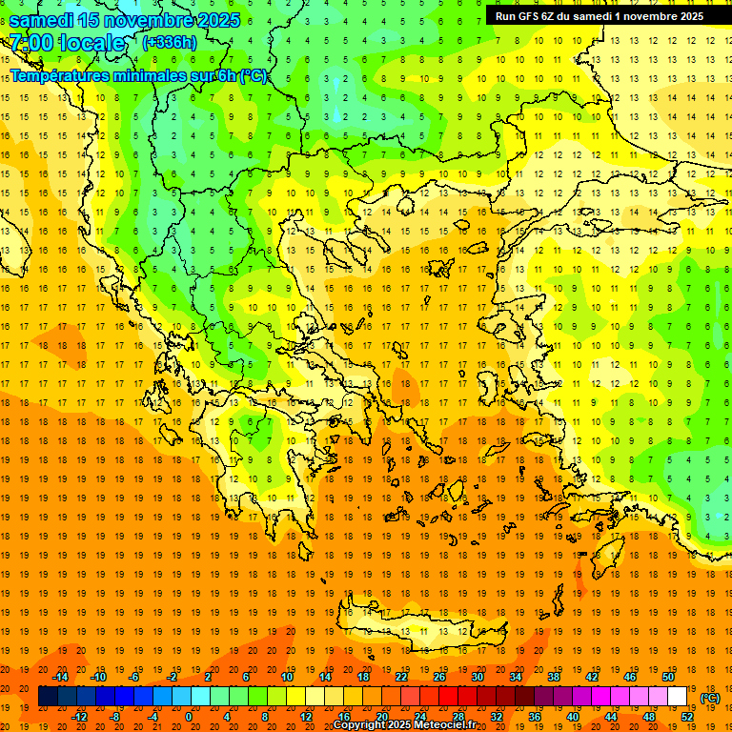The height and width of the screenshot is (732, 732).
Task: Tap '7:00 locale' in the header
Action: pyautogui.click(x=67, y=43)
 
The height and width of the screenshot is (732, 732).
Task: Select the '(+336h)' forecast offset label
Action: pyautogui.click(x=170, y=42)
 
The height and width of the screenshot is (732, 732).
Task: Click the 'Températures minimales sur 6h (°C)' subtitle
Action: pyautogui.click(x=139, y=75)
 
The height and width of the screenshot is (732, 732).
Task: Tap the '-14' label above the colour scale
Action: pyautogui.click(x=60, y=677)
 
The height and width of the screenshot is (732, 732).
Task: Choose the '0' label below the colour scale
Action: pyautogui.click(x=188, y=716)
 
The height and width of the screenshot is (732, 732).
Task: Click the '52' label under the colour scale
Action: pyautogui.click(x=687, y=716)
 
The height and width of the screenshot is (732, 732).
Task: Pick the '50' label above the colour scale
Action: pyautogui.click(x=668, y=677)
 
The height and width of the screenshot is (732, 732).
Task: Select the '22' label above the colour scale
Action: pyautogui.click(x=401, y=677)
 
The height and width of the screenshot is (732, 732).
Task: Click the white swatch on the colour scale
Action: pyautogui.click(x=678, y=697)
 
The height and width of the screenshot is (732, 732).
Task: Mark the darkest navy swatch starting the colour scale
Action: pyautogui.click(x=48, y=697)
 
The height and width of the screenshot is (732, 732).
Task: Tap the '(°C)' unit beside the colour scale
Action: pyautogui.click(x=710, y=697)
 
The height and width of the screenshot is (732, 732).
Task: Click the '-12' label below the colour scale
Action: pyautogui.click(x=79, y=716)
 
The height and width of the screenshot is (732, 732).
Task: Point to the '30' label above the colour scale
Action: pyautogui.click(x=478, y=677)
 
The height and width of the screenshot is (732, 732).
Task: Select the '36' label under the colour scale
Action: pyautogui.click(x=535, y=716)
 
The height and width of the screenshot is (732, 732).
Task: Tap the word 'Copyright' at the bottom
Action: pyautogui.click(x=360, y=725)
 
